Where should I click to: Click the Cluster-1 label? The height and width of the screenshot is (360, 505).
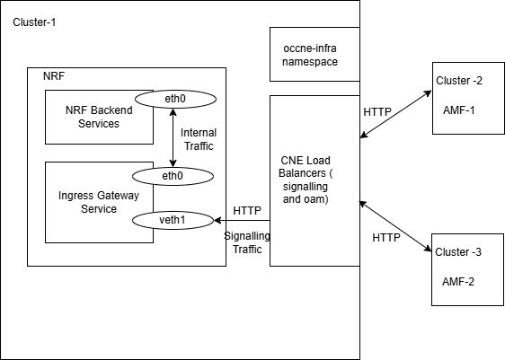click(35, 21)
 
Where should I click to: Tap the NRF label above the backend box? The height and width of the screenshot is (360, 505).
click(53, 75)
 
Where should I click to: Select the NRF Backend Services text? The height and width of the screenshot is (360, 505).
click(93, 117)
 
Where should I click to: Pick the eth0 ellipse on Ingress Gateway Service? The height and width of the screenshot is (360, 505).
click(173, 176)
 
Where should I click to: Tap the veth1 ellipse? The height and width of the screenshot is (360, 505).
click(173, 219)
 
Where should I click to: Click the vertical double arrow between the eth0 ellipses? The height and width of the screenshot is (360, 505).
click(173, 136)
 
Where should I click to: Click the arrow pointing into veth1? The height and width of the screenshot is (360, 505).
click(241, 219)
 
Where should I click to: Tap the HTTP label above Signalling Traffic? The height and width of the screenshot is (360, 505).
click(247, 210)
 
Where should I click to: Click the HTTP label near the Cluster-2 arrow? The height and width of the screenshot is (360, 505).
click(377, 112)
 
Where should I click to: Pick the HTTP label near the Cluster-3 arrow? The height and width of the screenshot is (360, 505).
click(385, 238)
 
